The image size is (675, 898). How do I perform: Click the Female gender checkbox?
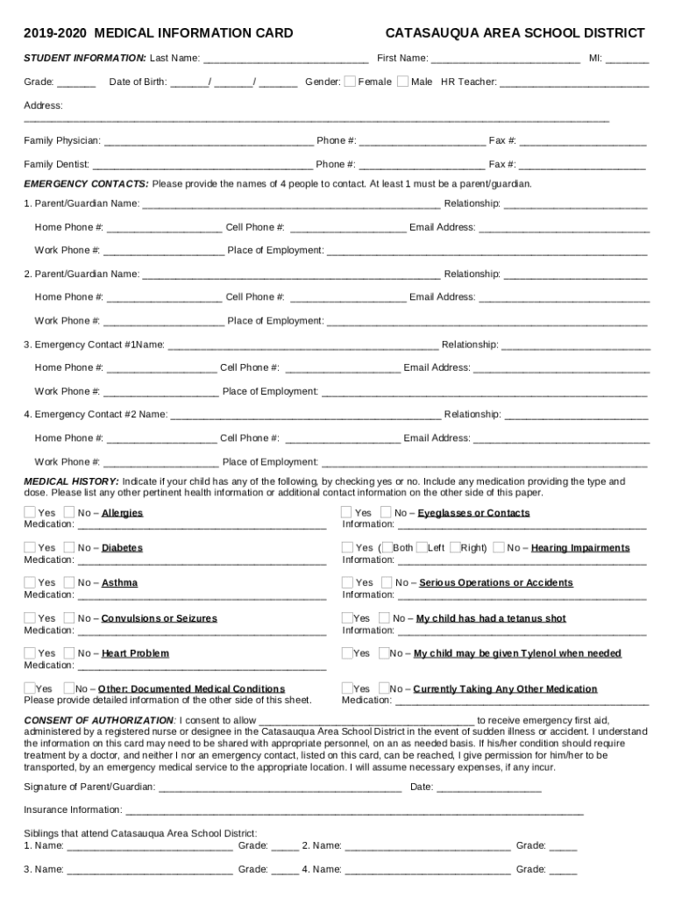pyautogui.click(x=350, y=82)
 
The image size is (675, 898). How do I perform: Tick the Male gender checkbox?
pyautogui.click(x=402, y=82)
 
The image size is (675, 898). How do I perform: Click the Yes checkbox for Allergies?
pyautogui.click(x=30, y=512)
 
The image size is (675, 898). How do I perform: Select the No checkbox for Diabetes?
pyautogui.click(x=69, y=547)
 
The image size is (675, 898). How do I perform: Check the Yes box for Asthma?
pyautogui.click(x=30, y=582)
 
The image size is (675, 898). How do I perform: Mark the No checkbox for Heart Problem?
pyautogui.click(x=69, y=652)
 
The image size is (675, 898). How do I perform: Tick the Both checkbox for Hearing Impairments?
pyautogui.click(x=386, y=547)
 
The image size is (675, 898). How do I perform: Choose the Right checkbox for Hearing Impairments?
pyautogui.click(x=455, y=547)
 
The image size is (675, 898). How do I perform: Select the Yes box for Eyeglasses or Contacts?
pyautogui.click(x=347, y=512)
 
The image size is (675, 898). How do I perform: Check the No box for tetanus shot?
pyautogui.click(x=384, y=617)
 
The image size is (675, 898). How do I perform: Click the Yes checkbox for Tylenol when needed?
pyautogui.click(x=347, y=652)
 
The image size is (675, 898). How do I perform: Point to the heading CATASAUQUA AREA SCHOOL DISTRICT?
pyautogui.click(x=515, y=33)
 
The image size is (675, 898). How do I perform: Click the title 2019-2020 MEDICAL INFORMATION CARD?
pyautogui.click(x=158, y=33)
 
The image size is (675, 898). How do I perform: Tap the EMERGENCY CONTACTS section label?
pyautogui.click(x=86, y=184)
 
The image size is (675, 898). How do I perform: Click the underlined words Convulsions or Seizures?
pyautogui.click(x=159, y=618)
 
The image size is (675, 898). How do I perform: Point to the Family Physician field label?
pyautogui.click(x=61, y=140)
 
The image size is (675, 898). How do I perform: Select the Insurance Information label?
pyautogui.click(x=73, y=809)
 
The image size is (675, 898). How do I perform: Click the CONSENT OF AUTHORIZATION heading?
pyautogui.click(x=99, y=720)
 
